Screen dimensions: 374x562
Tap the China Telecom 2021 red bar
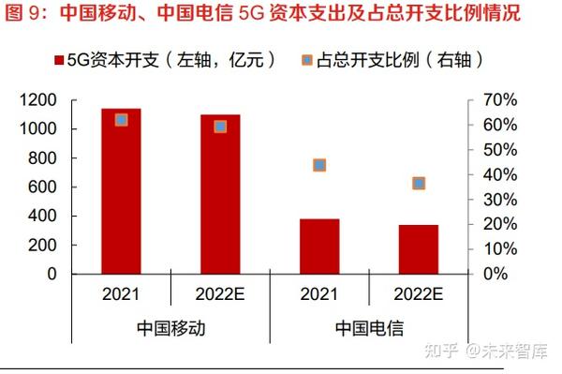tap(319, 246)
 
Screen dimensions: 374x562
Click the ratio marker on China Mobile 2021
tap(121, 120)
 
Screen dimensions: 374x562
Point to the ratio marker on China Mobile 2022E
tap(220, 126)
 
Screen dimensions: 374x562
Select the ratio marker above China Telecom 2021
tap(319, 165)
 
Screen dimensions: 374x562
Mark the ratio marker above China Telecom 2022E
tap(419, 183)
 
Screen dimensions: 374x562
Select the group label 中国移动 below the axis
tap(170, 329)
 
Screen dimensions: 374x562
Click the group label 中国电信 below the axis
tap(369, 329)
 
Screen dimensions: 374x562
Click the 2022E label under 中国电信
tap(419, 293)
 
